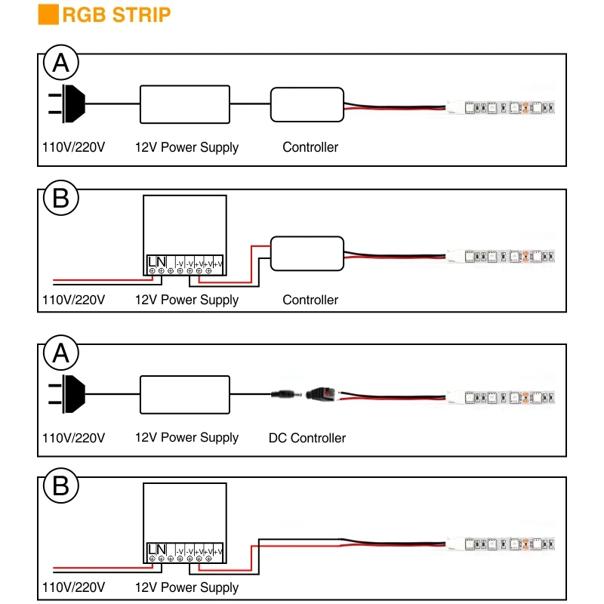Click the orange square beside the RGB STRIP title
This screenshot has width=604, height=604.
point(48,14)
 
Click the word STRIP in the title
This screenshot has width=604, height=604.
point(141,15)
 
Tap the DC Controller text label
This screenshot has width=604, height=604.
point(307,438)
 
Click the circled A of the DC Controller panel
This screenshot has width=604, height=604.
point(61,353)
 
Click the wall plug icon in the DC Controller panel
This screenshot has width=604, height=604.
point(66,394)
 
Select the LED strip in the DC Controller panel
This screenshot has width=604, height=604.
point(501,398)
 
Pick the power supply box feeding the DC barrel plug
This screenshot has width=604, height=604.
point(185,395)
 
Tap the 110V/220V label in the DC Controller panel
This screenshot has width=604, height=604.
point(73,438)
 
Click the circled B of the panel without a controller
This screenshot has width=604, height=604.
point(61,485)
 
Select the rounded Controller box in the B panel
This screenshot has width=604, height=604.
point(307,254)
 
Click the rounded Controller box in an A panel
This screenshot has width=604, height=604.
point(307,105)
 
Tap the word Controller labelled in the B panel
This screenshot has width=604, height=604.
point(310,300)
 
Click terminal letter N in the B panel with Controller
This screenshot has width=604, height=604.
point(161,261)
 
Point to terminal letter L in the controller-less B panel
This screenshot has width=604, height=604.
point(152,549)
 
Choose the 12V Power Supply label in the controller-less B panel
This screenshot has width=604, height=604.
point(186,587)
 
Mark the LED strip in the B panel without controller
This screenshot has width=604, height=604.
point(501,544)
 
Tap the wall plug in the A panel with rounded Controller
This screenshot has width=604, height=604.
point(66,104)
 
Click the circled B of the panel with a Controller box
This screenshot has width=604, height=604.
point(61,198)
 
